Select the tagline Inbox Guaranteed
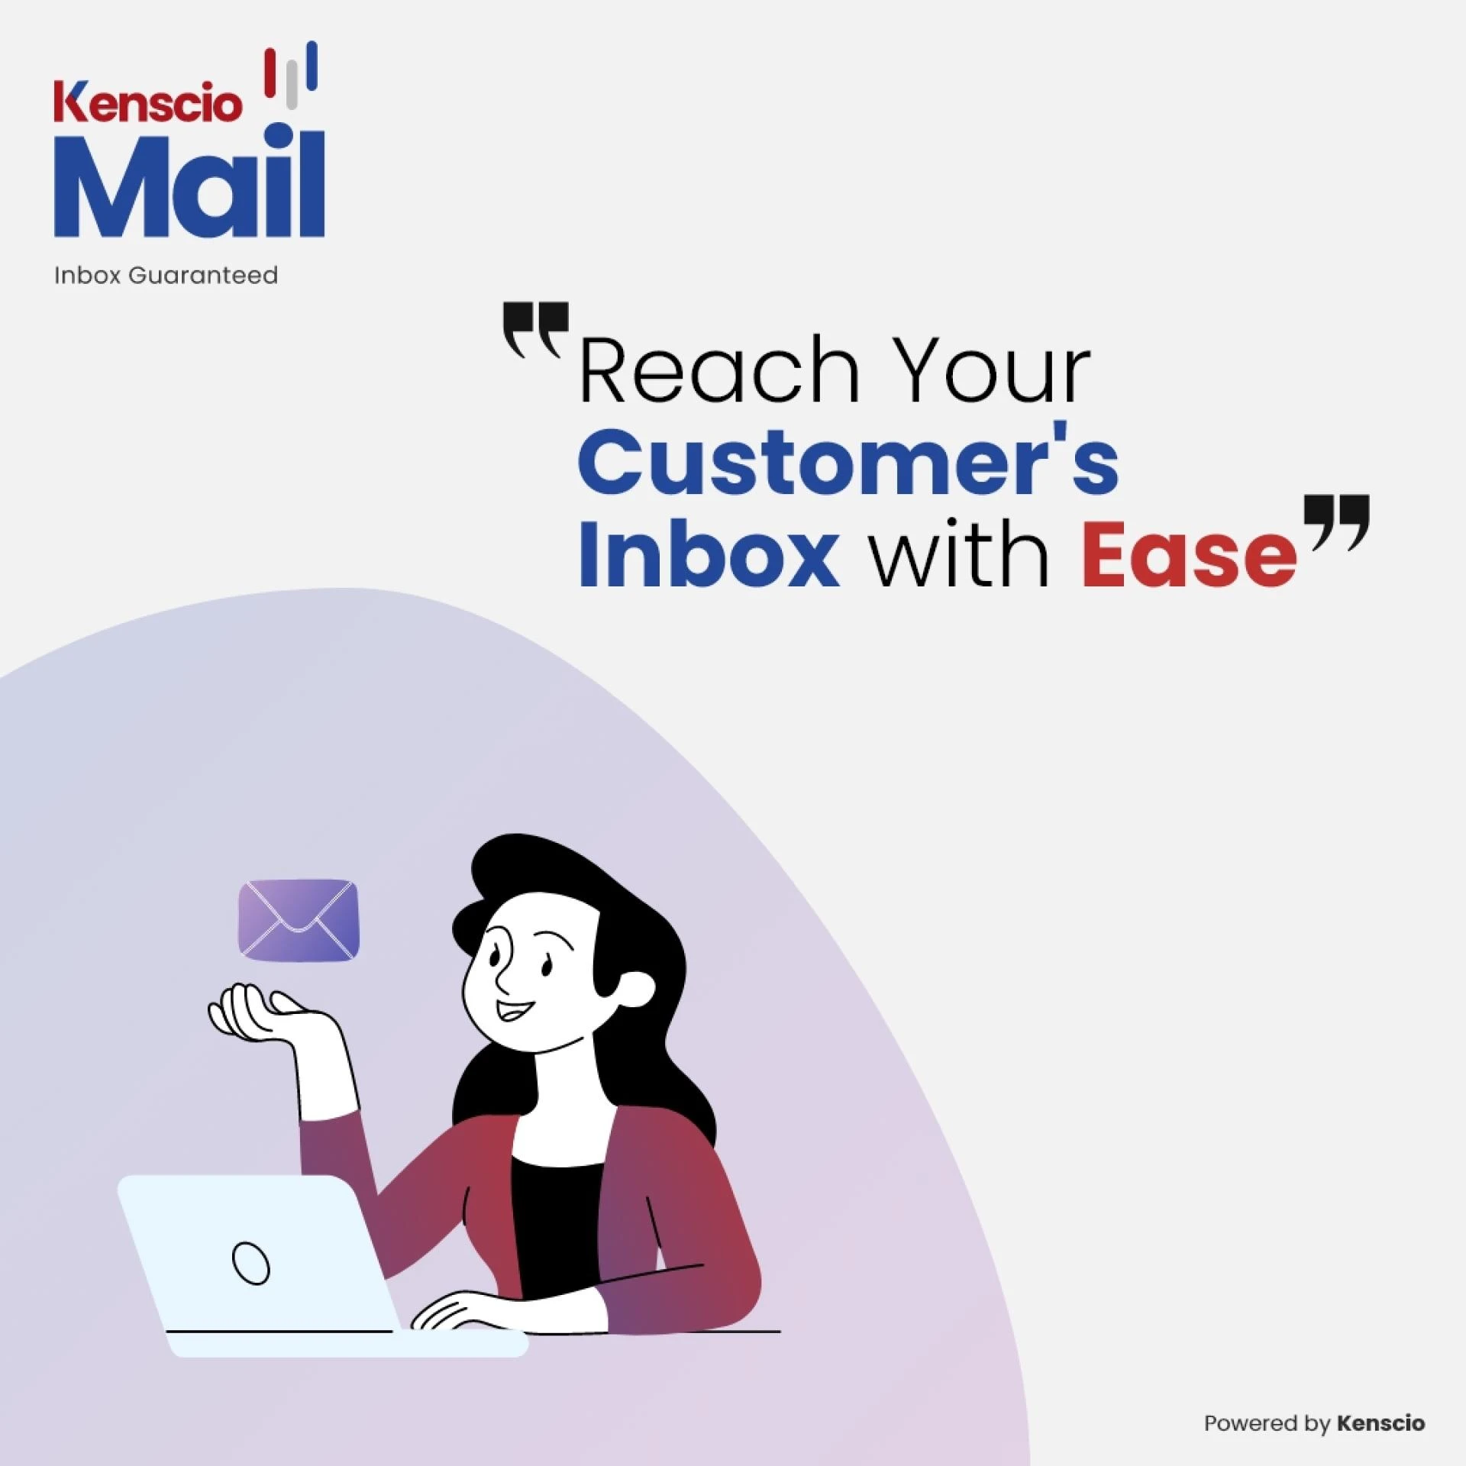[166, 275]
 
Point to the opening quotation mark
[535, 328]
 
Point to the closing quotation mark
[1336, 521]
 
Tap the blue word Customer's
[848, 461]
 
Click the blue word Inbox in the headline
[709, 551]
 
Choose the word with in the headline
[960, 551]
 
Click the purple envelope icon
[299, 920]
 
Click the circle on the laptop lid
[250, 1264]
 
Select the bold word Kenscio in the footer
[1380, 1423]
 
